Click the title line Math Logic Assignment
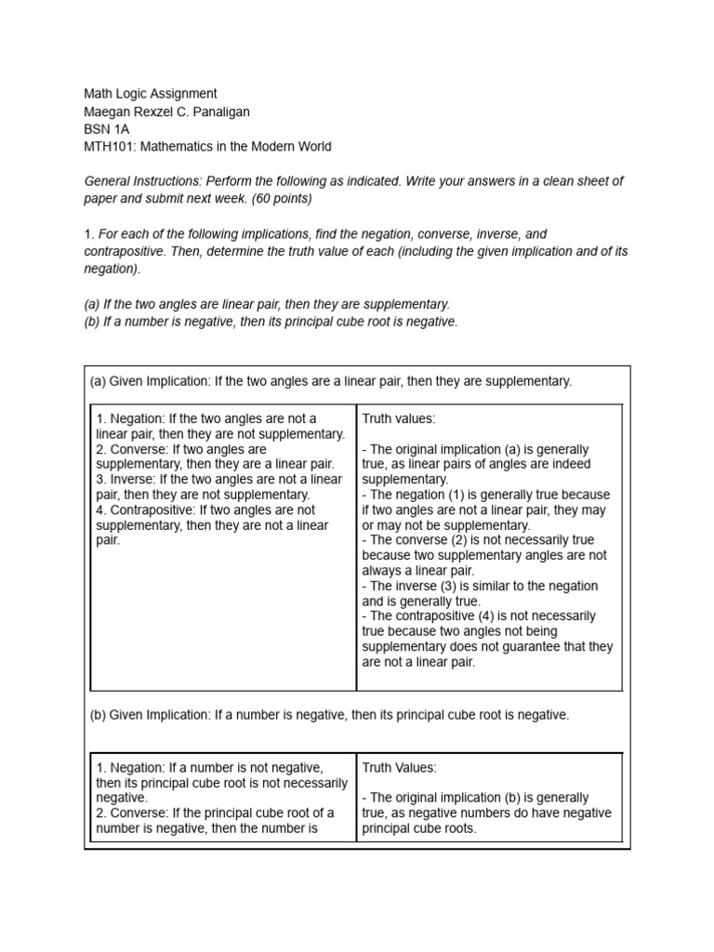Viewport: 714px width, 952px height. tap(151, 94)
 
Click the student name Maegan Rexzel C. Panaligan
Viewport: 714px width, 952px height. tap(166, 112)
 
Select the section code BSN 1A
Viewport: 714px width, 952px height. tap(107, 129)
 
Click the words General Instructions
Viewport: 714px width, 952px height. tap(143, 181)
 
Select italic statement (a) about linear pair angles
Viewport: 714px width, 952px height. tap(267, 304)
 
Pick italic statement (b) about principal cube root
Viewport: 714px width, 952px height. tap(271, 322)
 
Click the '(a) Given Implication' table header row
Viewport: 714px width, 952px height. tap(331, 381)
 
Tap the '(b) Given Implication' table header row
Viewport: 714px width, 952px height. tap(329, 715)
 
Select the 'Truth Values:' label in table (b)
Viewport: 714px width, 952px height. tap(399, 768)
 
